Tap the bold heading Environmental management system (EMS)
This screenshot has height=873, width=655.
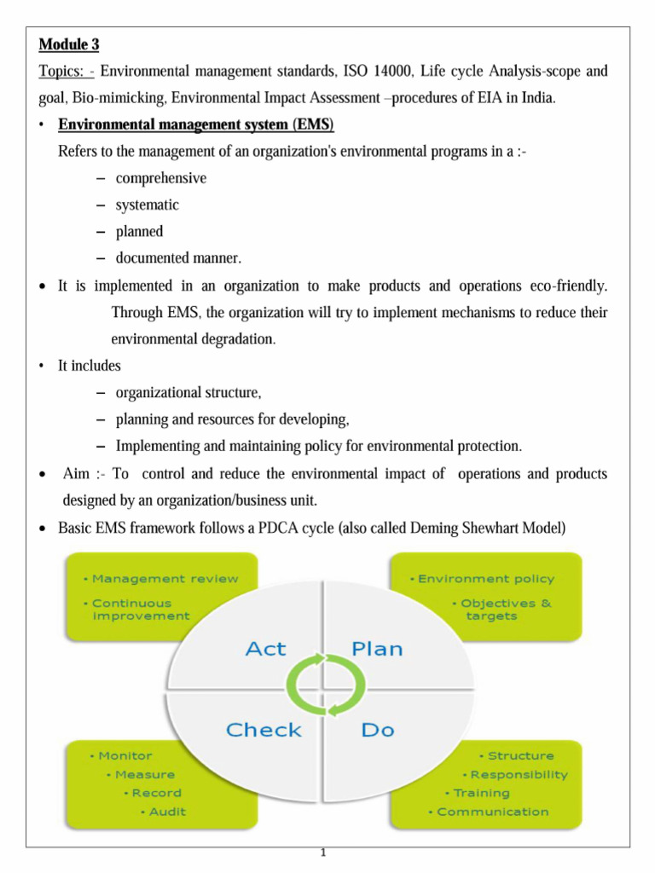point(195,125)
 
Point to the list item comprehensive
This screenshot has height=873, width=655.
point(160,178)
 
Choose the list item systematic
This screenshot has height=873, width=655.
point(147,205)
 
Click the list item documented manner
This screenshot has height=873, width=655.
point(178,257)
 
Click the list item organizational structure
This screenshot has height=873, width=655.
point(188,393)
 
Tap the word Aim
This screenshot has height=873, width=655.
point(78,473)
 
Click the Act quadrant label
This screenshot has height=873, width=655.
point(265,649)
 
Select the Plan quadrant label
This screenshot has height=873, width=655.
point(377,649)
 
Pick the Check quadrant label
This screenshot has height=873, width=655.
point(264,730)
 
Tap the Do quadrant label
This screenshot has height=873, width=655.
point(377,730)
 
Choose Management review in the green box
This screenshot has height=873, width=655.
point(165,578)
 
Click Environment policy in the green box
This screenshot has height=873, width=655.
point(485,578)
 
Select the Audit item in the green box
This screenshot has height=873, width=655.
point(166,811)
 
